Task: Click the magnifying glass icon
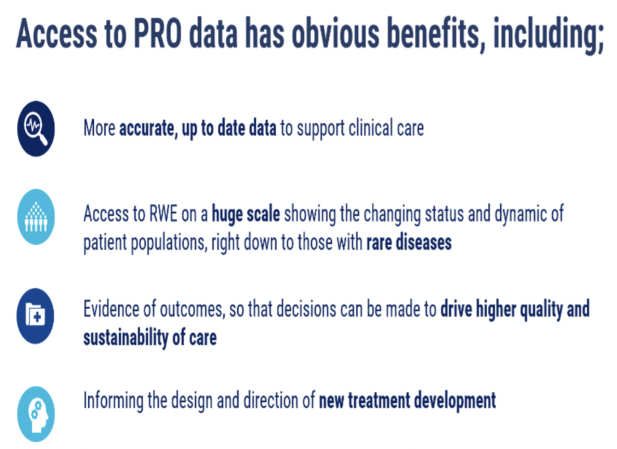point(36,129)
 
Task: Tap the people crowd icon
point(36,217)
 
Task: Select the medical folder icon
point(35,316)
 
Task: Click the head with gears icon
point(36,414)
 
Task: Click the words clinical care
point(386,128)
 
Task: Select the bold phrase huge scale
point(246,215)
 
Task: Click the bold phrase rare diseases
point(409,243)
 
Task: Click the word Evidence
point(111,309)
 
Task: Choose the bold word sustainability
point(126,338)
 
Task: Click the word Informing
point(113,401)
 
